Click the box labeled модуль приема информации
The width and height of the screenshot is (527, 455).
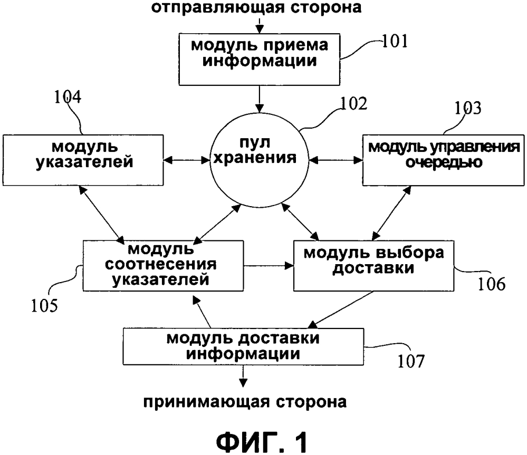point(259,59)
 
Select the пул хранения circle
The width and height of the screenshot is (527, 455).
point(259,160)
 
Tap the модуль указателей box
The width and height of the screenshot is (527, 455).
point(83,160)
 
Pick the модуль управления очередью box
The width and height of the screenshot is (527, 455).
point(443,160)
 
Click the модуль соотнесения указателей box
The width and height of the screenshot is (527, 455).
point(163,265)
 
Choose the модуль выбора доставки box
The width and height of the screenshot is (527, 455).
point(373,265)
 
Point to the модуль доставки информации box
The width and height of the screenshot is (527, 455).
point(243,346)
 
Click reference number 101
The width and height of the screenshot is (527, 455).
point(395,42)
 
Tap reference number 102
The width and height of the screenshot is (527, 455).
point(354,104)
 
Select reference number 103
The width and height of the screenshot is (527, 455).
point(468,108)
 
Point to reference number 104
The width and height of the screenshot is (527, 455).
point(68,96)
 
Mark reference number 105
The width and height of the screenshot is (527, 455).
point(44,306)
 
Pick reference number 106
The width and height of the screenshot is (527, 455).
point(491,284)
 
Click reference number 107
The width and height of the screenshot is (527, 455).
point(411,361)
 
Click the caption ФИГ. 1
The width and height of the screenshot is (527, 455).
point(262,442)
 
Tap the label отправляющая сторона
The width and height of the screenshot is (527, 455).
point(256,7)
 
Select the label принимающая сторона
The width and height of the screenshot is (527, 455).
point(245,402)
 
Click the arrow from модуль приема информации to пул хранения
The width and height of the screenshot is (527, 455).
point(259,99)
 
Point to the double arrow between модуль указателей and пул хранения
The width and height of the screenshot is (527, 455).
point(187,160)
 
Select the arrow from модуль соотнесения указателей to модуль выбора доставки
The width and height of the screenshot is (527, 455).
point(269,266)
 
